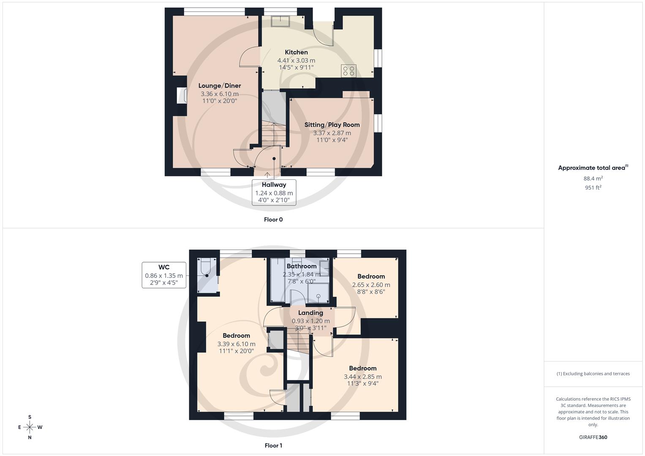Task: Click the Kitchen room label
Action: coord(296,52)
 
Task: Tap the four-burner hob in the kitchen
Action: coord(349,71)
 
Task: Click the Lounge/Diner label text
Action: coord(220,86)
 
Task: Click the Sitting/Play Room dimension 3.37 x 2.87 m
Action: coord(332,133)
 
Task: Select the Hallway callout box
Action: coord(274,192)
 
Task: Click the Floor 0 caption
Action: coord(273,220)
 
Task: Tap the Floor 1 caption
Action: coord(273,445)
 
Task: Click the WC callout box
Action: coord(164,275)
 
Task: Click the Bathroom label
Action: coord(302,266)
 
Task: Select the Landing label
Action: coord(310,313)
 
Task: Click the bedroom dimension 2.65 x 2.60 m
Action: coord(371,285)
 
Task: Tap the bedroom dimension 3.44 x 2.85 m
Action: coord(362,377)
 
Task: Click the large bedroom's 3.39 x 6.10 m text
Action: coord(236,344)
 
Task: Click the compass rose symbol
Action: coord(30,427)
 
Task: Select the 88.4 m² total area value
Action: coord(593,179)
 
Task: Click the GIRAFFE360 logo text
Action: coord(593,437)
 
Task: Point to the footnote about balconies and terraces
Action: coord(593,374)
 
